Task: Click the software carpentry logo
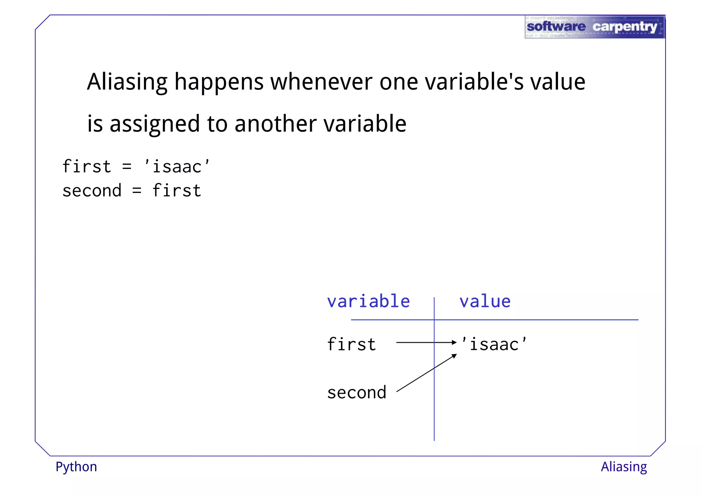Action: [594, 27]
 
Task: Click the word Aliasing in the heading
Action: [127, 82]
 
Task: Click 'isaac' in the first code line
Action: [177, 167]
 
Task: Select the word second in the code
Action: [92, 191]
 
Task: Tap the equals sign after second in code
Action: [137, 191]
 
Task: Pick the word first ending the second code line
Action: [177, 191]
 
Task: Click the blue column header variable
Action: [368, 302]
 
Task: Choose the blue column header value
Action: [485, 302]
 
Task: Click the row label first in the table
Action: [351, 344]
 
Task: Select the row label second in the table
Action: [356, 393]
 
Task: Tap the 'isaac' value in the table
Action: [494, 344]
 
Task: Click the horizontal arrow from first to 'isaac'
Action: [425, 342]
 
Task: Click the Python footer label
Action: [76, 467]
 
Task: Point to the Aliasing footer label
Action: [624, 467]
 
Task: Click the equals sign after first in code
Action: [127, 167]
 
